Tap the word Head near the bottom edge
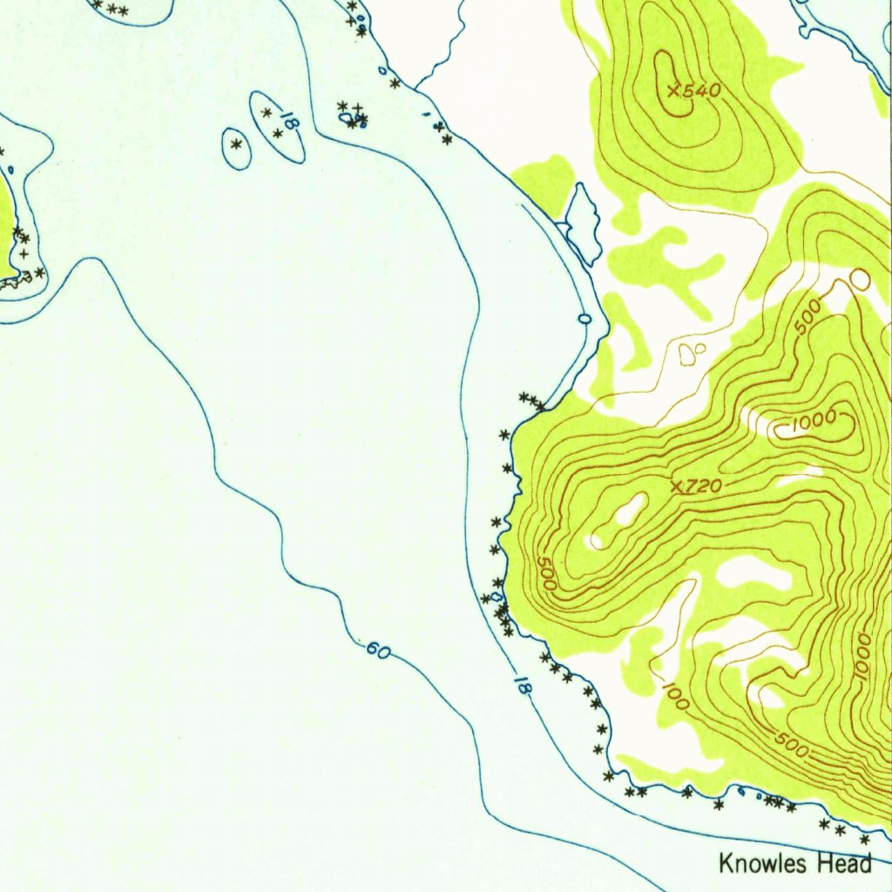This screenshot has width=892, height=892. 842,863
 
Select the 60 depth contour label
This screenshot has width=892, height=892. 377,649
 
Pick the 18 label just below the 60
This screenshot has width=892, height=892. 523,685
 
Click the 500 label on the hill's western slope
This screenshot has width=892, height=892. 546,576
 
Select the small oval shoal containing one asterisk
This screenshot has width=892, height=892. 236,148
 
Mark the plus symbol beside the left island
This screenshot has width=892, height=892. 24,253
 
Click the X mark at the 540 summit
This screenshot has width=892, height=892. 672,90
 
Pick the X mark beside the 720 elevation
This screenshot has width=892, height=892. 678,485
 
